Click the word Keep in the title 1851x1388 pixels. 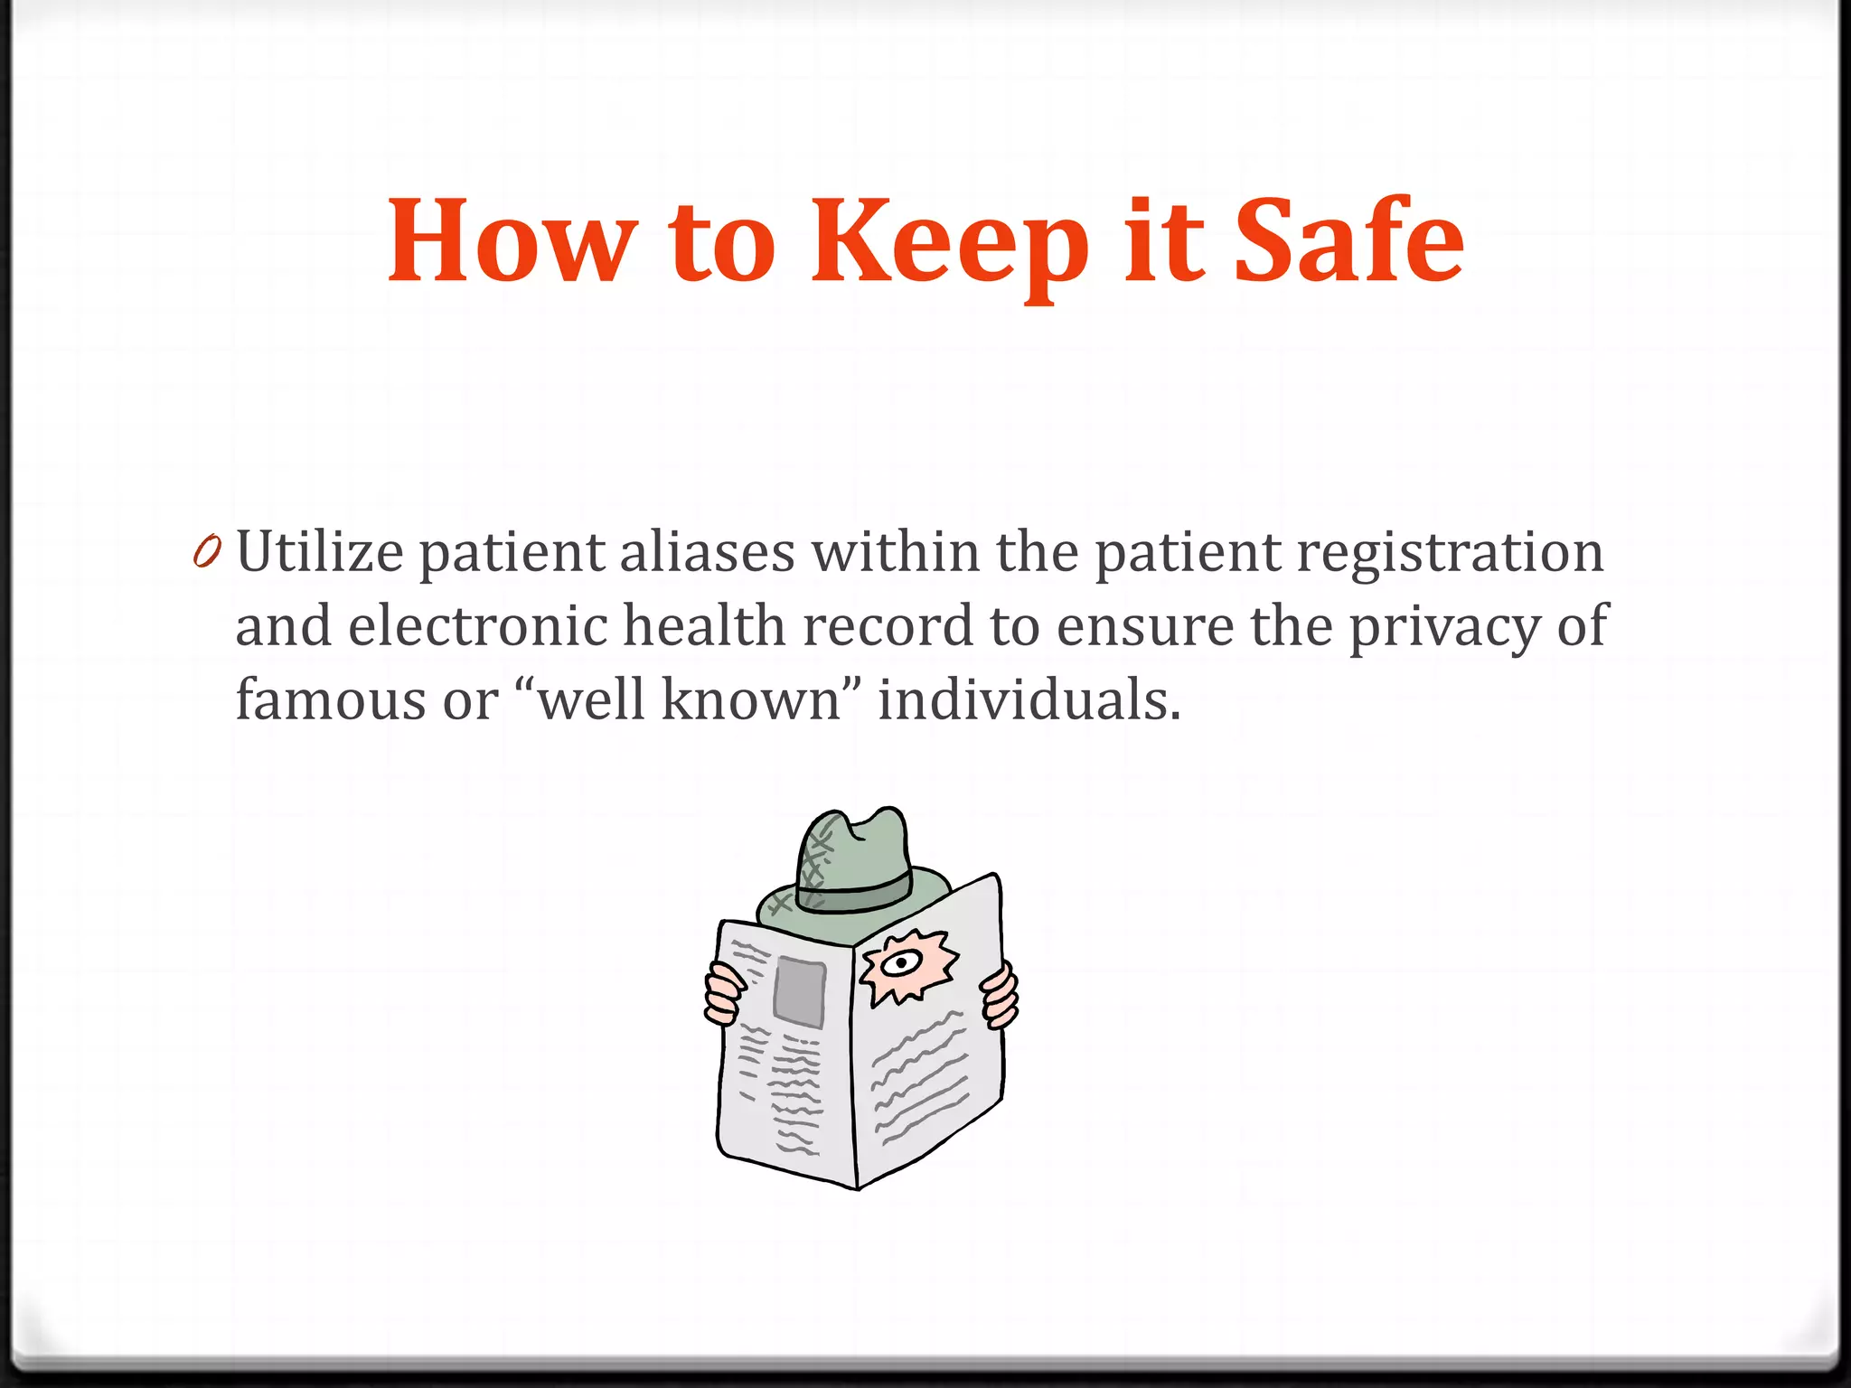tap(949, 242)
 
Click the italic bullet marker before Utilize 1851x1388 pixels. tap(207, 552)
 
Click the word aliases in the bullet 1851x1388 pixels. tap(707, 552)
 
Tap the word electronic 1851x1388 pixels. tap(477, 626)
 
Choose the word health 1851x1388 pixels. tap(704, 626)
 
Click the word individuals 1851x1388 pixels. tap(1029, 700)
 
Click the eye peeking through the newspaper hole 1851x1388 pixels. tap(899, 963)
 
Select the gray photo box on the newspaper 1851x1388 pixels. tap(799, 991)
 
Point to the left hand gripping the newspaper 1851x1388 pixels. tap(724, 994)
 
